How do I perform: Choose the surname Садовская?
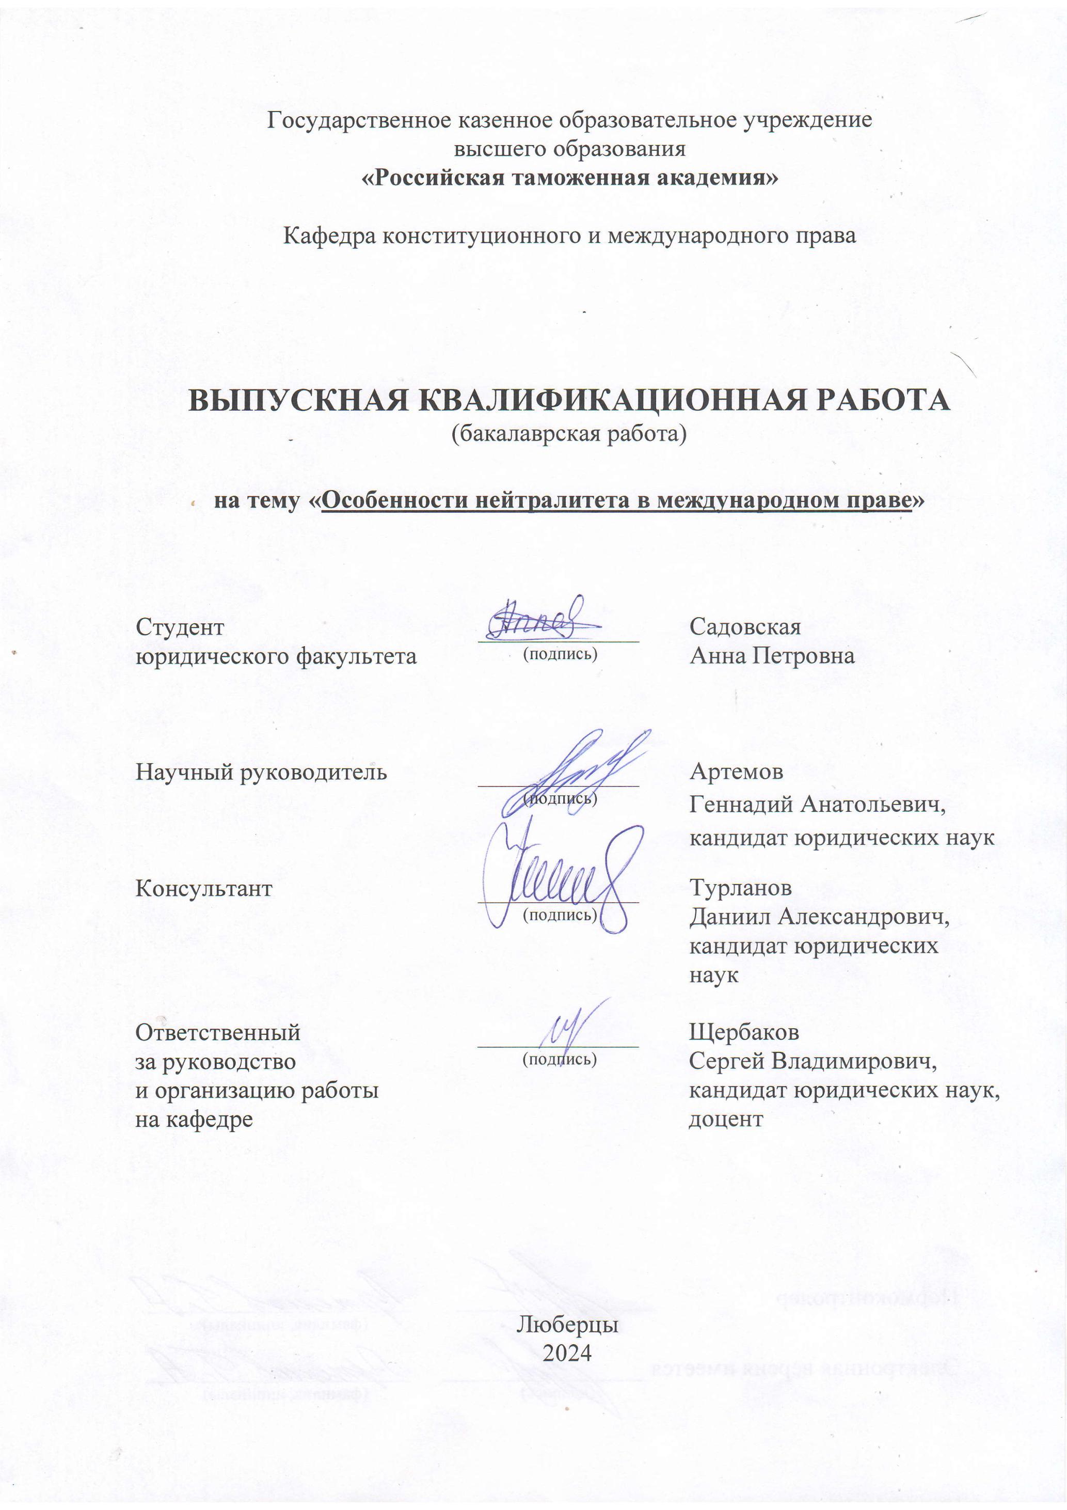pyautogui.click(x=745, y=627)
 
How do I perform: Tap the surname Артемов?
pyautogui.click(x=736, y=772)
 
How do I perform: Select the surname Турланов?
pyautogui.click(x=740, y=888)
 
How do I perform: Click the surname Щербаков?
pyautogui.click(x=743, y=1032)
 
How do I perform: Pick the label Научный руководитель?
pyautogui.click(x=261, y=772)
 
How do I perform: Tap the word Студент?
pyautogui.click(x=180, y=627)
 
